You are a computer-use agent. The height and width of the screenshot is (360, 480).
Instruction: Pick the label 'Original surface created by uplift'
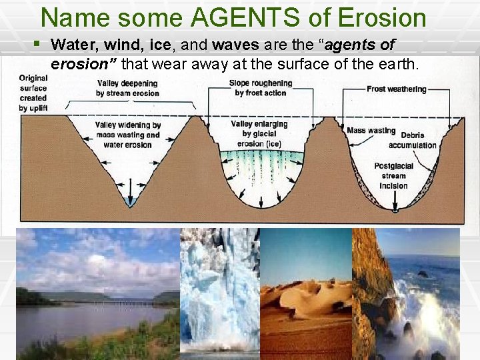point(33,93)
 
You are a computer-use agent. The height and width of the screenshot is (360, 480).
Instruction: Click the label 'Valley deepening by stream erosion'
point(127,89)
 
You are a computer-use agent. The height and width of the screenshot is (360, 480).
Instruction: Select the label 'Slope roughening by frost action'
point(260,88)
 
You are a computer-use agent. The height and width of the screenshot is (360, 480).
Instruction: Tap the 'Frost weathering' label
point(396,89)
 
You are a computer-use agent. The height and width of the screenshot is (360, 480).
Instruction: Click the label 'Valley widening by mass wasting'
point(127,135)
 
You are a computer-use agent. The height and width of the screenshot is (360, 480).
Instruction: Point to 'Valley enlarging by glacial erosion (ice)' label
point(259,133)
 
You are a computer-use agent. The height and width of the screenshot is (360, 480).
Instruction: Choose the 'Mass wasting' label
point(371,131)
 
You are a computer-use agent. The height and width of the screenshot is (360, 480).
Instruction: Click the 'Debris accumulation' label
point(412,140)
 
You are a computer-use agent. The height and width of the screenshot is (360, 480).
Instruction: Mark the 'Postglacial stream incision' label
point(393,176)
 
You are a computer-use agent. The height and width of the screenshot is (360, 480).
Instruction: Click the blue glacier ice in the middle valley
point(261,164)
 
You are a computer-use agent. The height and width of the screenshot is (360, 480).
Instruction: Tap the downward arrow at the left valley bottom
point(129,199)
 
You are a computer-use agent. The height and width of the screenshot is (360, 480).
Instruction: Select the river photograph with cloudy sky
point(97,293)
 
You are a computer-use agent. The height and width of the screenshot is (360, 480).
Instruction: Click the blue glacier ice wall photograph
point(219,293)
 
